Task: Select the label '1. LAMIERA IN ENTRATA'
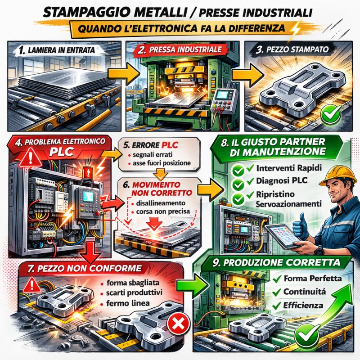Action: (57, 50)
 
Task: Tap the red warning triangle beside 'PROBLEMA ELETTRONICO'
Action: (31, 157)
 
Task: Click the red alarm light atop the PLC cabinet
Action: (87, 172)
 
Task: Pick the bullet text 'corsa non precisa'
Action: (163, 211)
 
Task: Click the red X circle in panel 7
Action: (178, 324)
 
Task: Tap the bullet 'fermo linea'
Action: (128, 303)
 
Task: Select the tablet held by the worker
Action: (283, 236)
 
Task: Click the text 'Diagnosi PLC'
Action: (282, 181)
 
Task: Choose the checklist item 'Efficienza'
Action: (303, 306)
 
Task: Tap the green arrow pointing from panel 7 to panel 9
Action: (193, 285)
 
